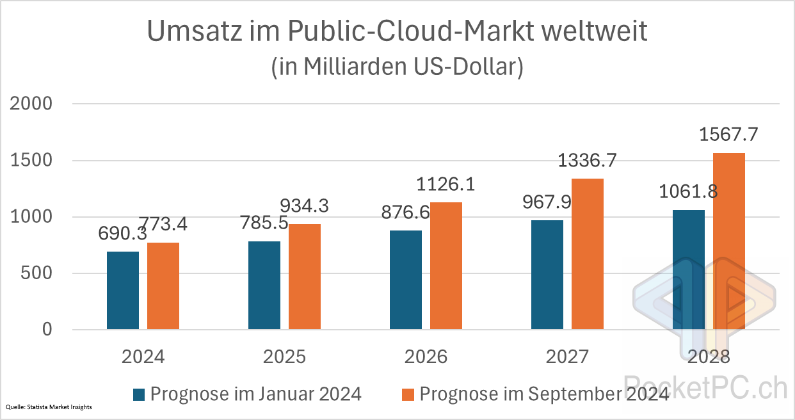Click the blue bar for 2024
click(x=123, y=291)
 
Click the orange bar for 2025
click(x=305, y=277)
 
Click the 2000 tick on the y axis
click(x=31, y=104)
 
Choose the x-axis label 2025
click(x=284, y=357)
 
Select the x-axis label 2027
click(x=568, y=357)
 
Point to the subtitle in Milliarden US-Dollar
click(x=397, y=67)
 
